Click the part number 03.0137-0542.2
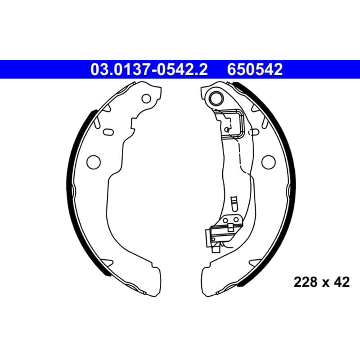149,69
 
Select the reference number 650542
255,69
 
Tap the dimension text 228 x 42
322,282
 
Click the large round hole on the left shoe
94,162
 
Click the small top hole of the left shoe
146,99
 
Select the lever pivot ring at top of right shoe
216,99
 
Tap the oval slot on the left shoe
108,132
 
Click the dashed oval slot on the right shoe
254,132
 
